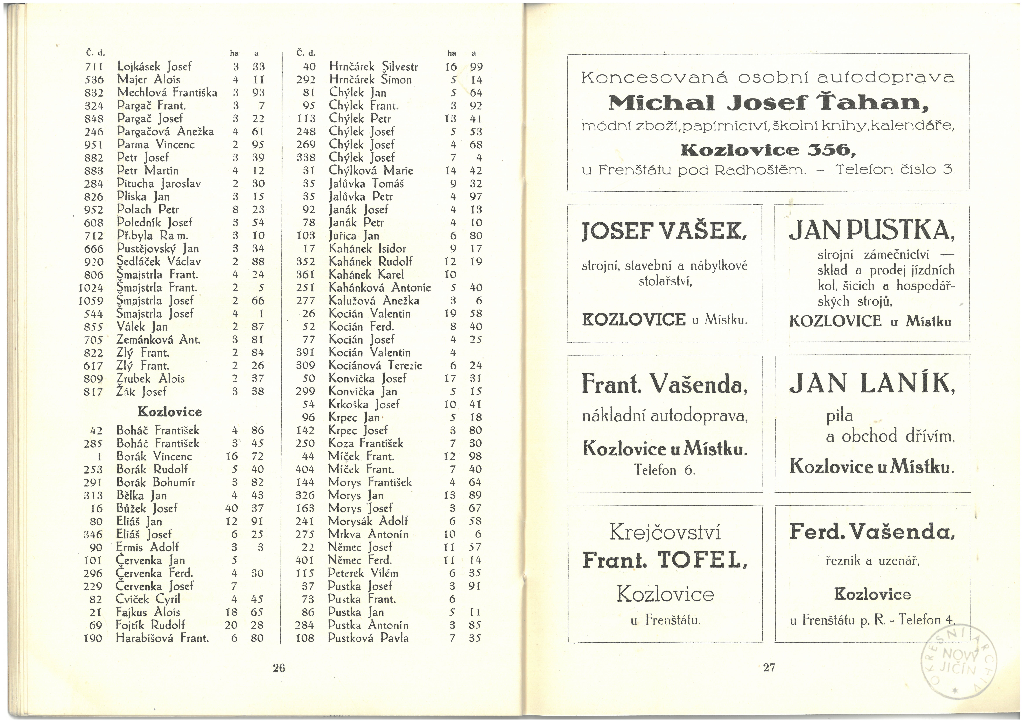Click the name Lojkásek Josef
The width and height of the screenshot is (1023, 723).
[154, 67]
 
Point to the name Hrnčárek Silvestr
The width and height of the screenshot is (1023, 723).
[373, 67]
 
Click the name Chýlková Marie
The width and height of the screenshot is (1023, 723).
[371, 171]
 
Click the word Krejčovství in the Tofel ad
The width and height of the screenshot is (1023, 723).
[665, 532]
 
